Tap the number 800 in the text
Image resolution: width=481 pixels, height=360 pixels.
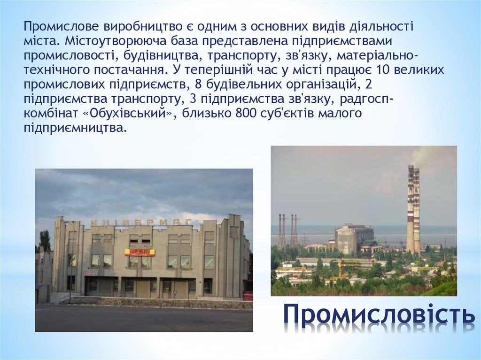click(241, 113)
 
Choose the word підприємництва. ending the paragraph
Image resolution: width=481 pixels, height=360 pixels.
click(75, 128)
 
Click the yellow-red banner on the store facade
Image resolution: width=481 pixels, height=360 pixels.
click(140, 253)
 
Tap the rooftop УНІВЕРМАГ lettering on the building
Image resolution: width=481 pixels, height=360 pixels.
click(134, 222)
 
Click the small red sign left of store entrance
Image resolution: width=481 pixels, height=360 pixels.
click(89, 274)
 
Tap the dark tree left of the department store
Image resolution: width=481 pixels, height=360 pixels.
click(45, 241)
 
